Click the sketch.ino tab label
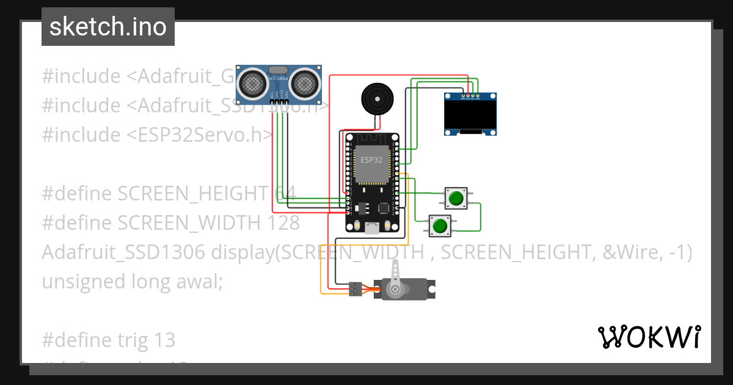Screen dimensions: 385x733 (x=108, y=27)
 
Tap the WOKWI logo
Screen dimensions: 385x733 (x=648, y=337)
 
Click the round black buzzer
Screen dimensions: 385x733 (x=377, y=98)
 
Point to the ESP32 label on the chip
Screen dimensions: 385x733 (x=371, y=160)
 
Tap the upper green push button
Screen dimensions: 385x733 (x=455, y=198)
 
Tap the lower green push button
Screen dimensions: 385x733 (x=439, y=226)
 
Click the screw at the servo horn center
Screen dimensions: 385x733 (x=395, y=289)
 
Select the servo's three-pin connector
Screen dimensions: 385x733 (x=355, y=289)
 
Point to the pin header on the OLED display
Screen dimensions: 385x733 (x=470, y=95)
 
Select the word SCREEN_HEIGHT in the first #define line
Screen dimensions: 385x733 (x=193, y=194)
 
